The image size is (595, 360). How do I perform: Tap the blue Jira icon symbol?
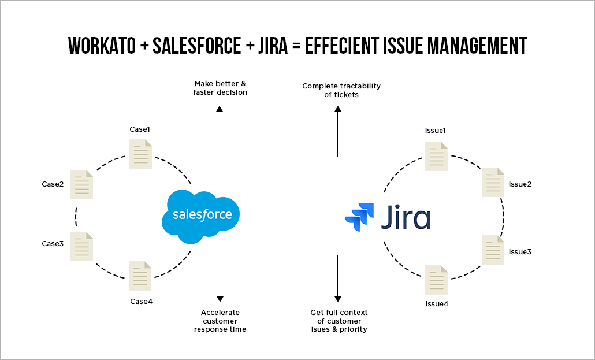[x=359, y=218]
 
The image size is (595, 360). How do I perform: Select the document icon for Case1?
[x=141, y=154]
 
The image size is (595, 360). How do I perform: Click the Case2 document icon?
[x=81, y=185]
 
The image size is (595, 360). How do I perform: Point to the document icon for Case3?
[x=81, y=246]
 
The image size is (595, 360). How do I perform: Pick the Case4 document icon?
[x=140, y=276]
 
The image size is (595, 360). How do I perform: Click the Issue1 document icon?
[x=436, y=157]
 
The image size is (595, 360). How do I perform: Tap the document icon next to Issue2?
[x=493, y=183]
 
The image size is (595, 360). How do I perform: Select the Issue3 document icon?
[x=493, y=250]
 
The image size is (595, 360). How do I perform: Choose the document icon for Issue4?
[x=436, y=280]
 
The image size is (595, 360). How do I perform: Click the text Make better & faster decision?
[x=220, y=88]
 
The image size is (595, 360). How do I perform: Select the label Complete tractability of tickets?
[x=341, y=90]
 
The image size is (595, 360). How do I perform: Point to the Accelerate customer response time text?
[x=220, y=321]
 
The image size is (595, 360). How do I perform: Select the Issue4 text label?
[x=436, y=304]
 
